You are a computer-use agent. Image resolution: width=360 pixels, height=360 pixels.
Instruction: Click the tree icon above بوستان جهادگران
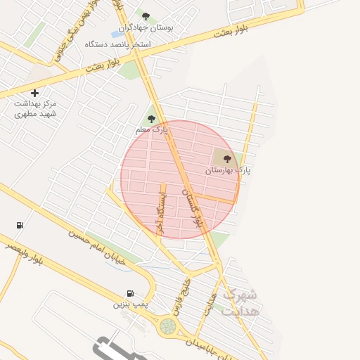pos(146,16)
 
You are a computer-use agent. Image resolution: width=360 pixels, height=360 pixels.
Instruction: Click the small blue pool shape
pos(117,34)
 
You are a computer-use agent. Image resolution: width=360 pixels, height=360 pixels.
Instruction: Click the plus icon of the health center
pos(34,93)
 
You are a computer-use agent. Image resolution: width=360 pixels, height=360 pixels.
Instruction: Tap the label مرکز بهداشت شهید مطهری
pos(34,108)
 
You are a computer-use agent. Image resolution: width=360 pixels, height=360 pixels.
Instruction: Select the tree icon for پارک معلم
pos(151,119)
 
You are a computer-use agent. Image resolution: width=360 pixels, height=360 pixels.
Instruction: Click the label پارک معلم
pos(151,131)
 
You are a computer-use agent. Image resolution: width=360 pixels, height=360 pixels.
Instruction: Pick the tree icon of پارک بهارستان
pos(227,159)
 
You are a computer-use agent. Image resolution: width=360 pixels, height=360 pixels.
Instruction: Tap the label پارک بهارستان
pos(228,170)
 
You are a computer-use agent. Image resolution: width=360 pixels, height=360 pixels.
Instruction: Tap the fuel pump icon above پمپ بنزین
pos(130,293)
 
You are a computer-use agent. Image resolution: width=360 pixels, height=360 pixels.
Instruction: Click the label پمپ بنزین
pos(129,304)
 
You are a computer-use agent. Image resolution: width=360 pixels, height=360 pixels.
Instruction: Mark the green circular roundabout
pos(167,326)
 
